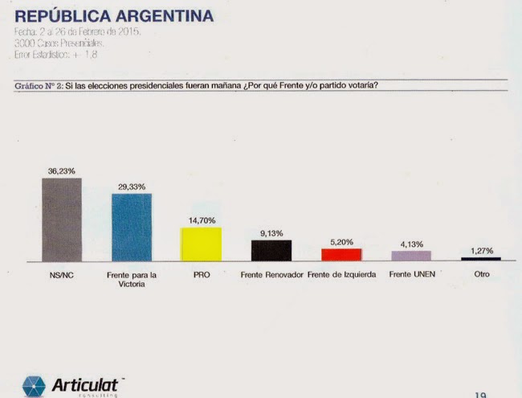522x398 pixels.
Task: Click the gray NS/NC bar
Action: [x=62, y=219]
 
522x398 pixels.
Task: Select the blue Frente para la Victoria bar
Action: [x=132, y=227]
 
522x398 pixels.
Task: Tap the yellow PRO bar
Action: [x=201, y=244]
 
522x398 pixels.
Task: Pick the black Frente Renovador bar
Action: [x=271, y=250]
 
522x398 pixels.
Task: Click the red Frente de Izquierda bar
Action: [x=341, y=254]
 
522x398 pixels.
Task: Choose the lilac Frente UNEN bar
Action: [x=411, y=256]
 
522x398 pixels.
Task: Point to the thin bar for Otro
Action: [x=481, y=259]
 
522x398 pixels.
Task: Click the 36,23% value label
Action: [x=62, y=170]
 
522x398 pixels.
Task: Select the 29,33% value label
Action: [x=132, y=187]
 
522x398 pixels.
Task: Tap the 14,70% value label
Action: [x=201, y=220]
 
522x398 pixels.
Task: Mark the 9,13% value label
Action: [x=271, y=233]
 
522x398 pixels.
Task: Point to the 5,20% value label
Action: [x=341, y=241]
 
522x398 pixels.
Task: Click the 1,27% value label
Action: [x=481, y=250]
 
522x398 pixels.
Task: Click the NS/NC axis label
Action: [x=62, y=274]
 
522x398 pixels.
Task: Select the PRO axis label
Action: [x=201, y=274]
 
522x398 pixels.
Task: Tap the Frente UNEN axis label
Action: [x=411, y=274]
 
